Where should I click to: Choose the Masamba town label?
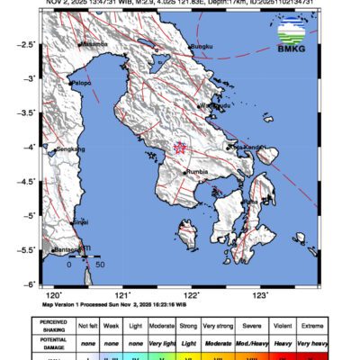pos(94,43)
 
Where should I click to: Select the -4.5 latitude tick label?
pos(28,181)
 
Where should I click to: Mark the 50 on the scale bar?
pos(100,265)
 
